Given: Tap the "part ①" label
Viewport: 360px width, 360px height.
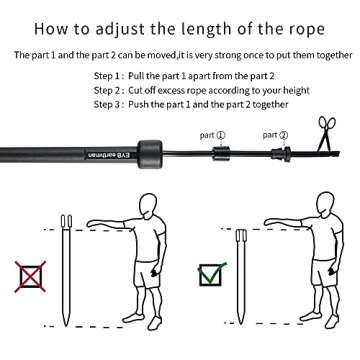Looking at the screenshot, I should click(213, 134).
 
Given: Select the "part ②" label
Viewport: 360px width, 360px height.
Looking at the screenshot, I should click(275, 134).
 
